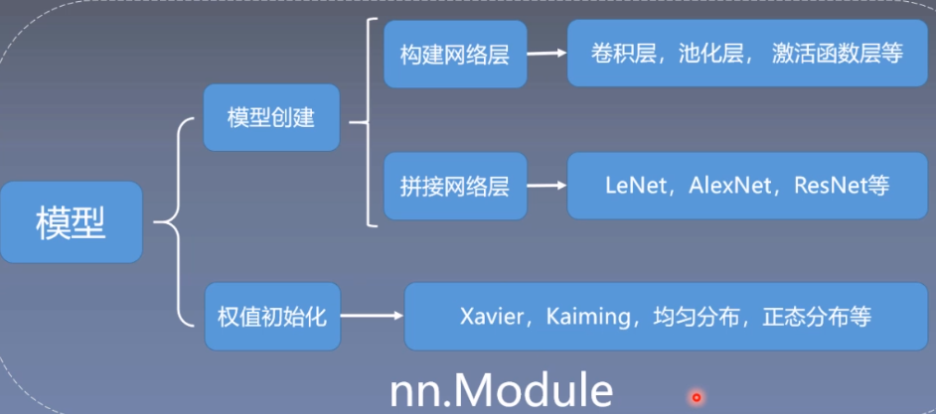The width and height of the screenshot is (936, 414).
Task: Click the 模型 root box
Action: tap(71, 222)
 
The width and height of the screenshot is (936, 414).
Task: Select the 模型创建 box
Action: tap(270, 118)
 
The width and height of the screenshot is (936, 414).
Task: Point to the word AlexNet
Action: tap(727, 186)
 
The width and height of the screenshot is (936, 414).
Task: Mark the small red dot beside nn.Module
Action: tap(697, 397)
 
